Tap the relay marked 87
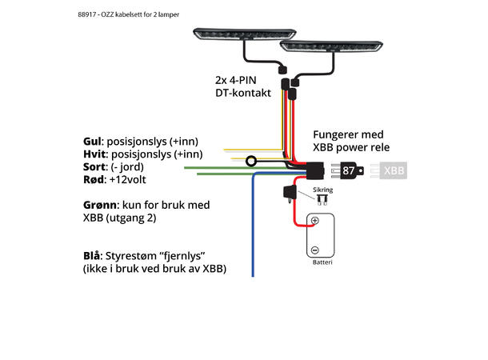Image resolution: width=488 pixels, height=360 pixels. (x=350, y=170)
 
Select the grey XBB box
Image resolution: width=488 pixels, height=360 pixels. (x=394, y=170)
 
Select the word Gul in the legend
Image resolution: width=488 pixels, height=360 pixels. (x=94, y=141)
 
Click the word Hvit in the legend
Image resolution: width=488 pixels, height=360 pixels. (x=95, y=154)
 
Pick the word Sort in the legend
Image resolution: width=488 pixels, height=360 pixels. (x=96, y=168)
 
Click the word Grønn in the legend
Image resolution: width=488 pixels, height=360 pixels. (x=101, y=205)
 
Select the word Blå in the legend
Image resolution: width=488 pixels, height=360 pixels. (x=92, y=255)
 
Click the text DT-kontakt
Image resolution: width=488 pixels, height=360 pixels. (x=242, y=94)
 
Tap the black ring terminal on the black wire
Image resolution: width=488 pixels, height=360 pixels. (x=250, y=161)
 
